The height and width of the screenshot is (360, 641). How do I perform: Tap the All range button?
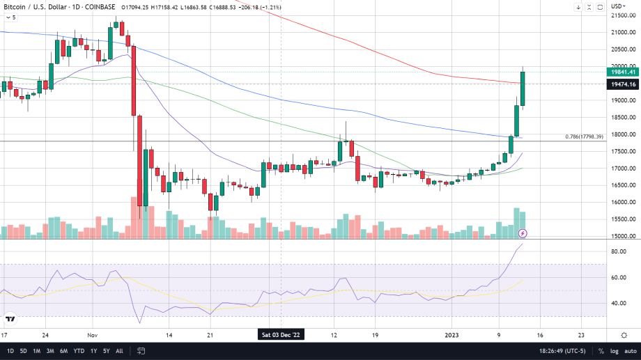click(119, 351)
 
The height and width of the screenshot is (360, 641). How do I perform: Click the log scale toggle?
click(614, 351)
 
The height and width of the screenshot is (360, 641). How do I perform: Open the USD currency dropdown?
click(617, 7)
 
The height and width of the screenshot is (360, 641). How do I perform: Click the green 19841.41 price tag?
click(623, 72)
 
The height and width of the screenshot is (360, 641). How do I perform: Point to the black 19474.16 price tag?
click(623, 84)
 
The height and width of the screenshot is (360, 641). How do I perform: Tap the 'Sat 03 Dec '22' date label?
click(281, 334)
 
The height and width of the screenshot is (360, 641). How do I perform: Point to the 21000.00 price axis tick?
click(621, 32)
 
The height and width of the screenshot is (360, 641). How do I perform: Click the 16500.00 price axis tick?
click(621, 185)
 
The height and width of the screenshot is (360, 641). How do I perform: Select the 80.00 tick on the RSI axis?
click(618, 251)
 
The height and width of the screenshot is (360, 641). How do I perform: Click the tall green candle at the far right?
click(523, 89)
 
